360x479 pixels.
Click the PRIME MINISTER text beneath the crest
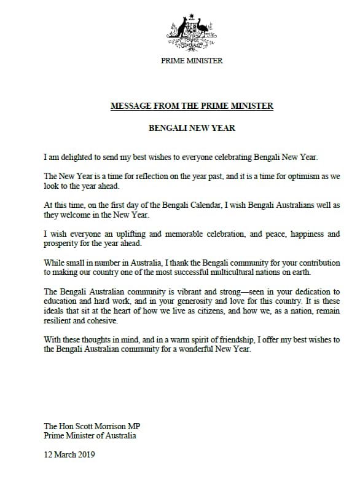pyautogui.click(x=192, y=61)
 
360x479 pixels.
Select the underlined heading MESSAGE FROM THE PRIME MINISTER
pyautogui.click(x=192, y=106)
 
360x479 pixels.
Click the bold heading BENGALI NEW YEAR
pyautogui.click(x=192, y=129)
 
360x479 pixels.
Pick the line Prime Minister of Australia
pyautogui.click(x=90, y=435)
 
